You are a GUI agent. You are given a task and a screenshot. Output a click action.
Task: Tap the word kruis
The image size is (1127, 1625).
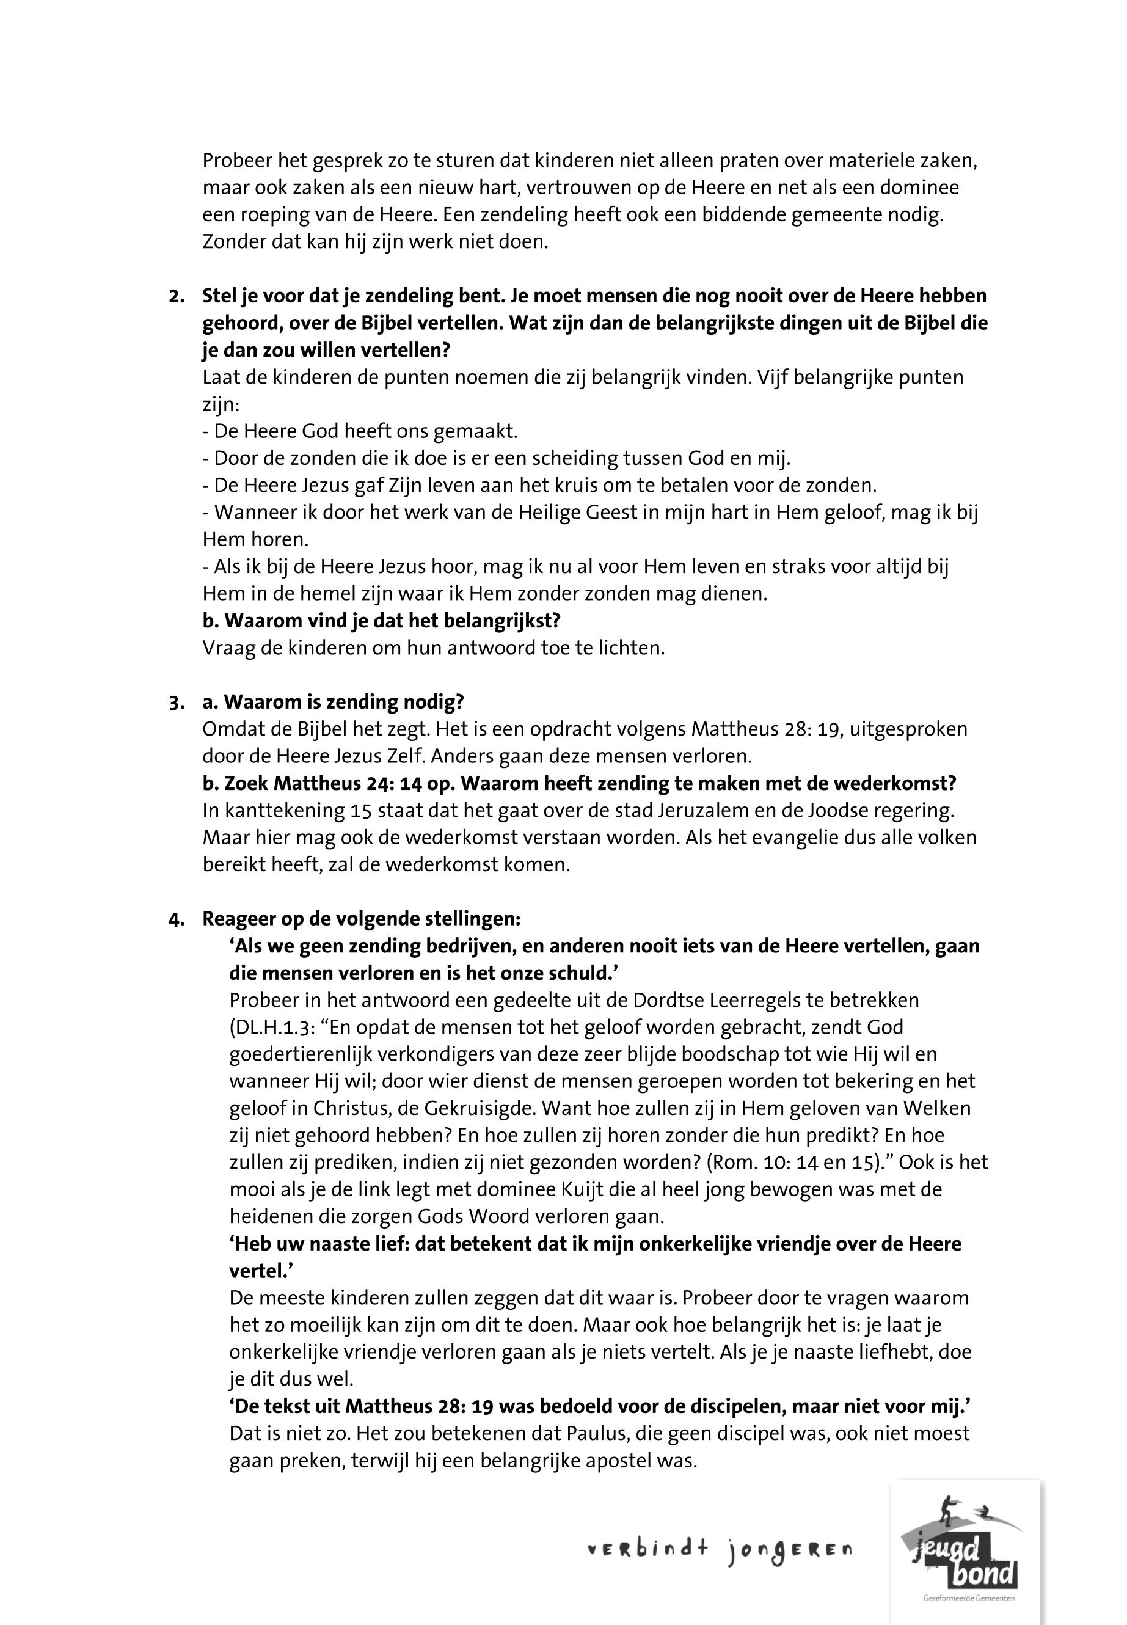pyautogui.click(x=578, y=486)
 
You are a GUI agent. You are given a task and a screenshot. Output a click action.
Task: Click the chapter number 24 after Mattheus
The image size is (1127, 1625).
pyautogui.click(x=381, y=784)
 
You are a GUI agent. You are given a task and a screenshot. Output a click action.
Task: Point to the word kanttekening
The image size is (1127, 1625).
pyautogui.click(x=282, y=811)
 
